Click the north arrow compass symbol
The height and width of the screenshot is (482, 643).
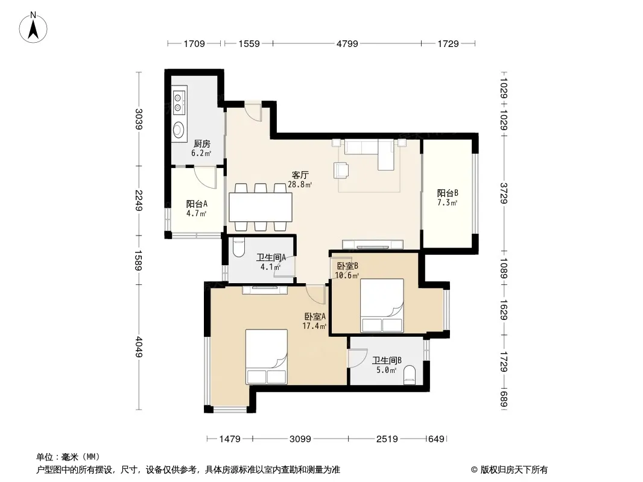pyautogui.click(x=33, y=27)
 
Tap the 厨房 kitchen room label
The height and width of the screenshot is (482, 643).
pyautogui.click(x=201, y=144)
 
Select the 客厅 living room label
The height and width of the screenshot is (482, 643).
pyautogui.click(x=300, y=175)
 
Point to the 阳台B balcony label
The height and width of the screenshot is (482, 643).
pyautogui.click(x=448, y=193)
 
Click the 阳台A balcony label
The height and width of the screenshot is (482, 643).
pyautogui.click(x=197, y=204)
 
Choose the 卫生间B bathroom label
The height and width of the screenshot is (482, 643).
pyautogui.click(x=387, y=360)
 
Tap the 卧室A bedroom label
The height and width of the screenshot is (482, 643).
pyautogui.click(x=315, y=316)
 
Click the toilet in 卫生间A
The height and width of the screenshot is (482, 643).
pyautogui.click(x=238, y=248)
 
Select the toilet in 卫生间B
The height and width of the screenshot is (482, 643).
pyautogui.click(x=410, y=375)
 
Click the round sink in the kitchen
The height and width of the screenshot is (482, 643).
pyautogui.click(x=178, y=130)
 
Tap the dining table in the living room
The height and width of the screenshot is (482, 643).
pyautogui.click(x=261, y=207)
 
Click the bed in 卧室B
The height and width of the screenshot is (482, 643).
pyautogui.click(x=382, y=305)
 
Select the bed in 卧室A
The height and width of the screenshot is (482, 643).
pyautogui.click(x=266, y=357)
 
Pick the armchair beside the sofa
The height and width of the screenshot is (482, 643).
pyautogui.click(x=341, y=171)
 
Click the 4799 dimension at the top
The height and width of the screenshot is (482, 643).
pyautogui.click(x=347, y=43)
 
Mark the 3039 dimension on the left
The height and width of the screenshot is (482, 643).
pyautogui.click(x=139, y=119)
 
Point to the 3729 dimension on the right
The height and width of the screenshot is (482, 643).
pyautogui.click(x=504, y=193)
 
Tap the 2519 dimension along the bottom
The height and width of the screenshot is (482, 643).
pyautogui.click(x=387, y=439)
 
